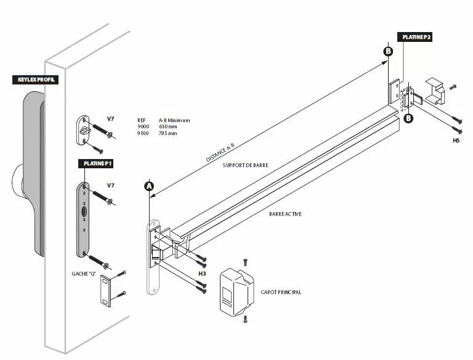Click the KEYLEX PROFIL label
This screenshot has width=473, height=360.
(35, 80)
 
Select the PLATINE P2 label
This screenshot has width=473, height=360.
(417, 37)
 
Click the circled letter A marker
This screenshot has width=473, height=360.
(149, 186)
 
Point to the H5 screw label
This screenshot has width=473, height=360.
(456, 141)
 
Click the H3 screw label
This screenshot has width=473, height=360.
(201, 273)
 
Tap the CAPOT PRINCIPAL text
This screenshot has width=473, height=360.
(281, 292)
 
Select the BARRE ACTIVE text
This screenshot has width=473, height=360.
(285, 214)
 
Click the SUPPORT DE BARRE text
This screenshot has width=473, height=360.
(246, 166)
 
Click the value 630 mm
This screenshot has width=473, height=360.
(168, 126)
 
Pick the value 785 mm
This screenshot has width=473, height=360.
(168, 133)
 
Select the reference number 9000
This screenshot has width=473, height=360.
(143, 126)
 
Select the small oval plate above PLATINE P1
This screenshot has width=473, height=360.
(84, 130)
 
